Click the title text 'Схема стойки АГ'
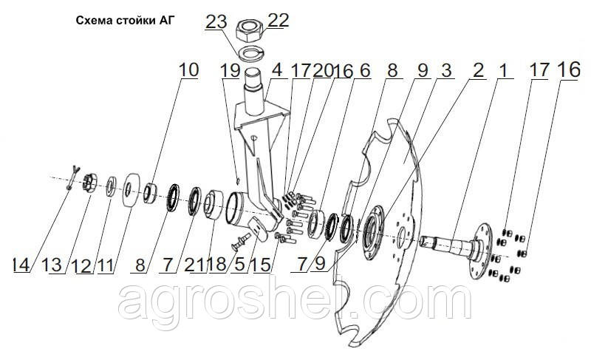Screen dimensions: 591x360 126,21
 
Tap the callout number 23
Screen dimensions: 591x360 216,21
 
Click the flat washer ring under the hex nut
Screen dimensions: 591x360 251,54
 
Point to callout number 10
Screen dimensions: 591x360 188,70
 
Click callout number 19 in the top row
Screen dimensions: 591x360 230,70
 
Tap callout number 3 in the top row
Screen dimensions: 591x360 446,70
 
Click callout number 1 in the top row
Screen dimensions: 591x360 504,70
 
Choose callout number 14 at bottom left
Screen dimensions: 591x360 21,265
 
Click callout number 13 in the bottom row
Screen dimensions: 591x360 52,265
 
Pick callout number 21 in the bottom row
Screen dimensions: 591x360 194,265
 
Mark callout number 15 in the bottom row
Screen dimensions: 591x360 262,265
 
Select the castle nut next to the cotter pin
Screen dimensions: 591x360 89,183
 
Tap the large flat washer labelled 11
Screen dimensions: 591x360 131,190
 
